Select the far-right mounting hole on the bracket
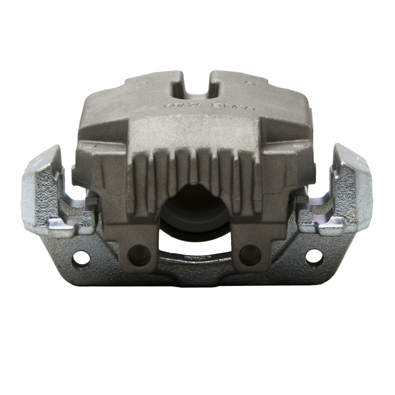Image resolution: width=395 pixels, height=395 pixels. [314, 256]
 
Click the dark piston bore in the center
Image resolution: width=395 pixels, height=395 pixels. [195, 207]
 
